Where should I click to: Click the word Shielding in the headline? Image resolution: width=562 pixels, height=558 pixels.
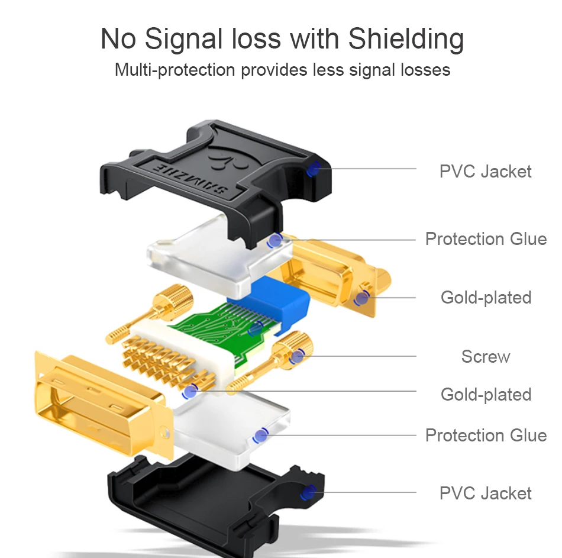pos(406,39)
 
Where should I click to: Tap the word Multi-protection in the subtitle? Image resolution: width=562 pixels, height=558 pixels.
pos(175,70)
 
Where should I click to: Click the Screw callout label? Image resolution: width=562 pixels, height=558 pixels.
pos(485,357)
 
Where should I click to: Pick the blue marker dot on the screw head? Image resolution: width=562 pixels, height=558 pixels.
pos(296,356)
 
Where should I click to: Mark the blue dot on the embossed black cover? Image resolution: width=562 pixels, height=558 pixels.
pos(314,169)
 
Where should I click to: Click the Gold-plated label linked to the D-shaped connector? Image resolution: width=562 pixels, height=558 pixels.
pos(486,297)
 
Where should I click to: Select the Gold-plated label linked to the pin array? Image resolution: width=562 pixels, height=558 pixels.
pos(486,394)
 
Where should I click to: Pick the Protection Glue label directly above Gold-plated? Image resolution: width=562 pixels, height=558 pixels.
pos(486,239)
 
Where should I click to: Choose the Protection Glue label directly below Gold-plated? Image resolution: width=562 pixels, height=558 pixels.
pos(486,436)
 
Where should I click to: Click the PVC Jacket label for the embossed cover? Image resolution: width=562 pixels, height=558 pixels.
pos(485,172)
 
